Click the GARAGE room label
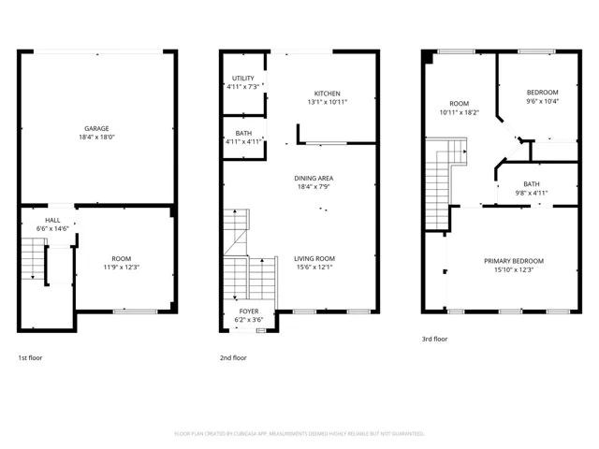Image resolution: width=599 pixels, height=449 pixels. pos(96,129)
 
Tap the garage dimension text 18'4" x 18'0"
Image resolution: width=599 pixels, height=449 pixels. pos(96,138)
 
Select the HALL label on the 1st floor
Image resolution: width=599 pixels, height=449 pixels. pos(52,221)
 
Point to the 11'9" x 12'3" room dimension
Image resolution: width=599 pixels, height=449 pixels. pos(121,268)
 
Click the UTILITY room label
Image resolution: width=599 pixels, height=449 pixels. pos(243,79)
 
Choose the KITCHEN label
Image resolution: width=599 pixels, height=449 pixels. pos(327,94)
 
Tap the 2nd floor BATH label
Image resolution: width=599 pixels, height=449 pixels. pos(243,133)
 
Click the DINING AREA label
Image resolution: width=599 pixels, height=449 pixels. pos(314,179)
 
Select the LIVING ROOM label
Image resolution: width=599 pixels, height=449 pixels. pos(314,259)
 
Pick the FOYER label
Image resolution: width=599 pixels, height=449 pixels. pos(249,311)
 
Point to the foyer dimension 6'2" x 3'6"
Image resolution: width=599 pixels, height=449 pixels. pos(249,320)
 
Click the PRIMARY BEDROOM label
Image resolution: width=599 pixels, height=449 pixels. pos(514,261)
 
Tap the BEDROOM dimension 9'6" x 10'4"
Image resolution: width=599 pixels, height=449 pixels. pos(543,101)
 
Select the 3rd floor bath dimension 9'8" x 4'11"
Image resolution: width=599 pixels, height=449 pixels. pos(532,193)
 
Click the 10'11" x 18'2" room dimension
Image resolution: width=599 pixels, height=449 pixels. pos(460,112)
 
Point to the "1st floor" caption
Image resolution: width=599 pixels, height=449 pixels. pos(30,358)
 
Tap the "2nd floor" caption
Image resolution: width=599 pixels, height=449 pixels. pos(233,358)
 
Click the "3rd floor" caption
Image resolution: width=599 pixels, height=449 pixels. pos(434,339)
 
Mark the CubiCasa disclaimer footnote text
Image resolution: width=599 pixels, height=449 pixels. pos(299,434)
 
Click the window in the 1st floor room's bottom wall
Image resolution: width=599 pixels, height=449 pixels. pos(135,311)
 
